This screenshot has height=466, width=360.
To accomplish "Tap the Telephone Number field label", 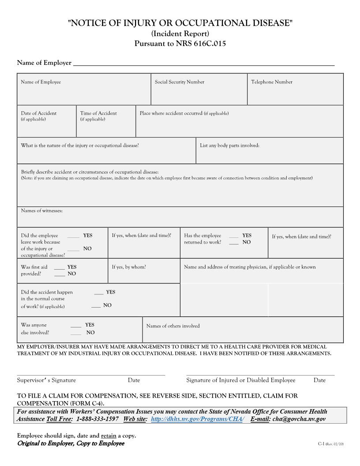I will point(271,82).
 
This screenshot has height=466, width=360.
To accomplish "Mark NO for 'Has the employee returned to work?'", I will point(234,242).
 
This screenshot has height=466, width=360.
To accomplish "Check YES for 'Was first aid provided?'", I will point(60,267).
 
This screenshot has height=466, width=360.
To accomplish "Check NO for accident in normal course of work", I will point(96,305).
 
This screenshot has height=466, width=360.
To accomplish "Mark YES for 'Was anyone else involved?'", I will point(76,325).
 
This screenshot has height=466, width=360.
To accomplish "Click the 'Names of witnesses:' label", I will point(41,211).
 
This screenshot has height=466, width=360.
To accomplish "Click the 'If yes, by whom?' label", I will point(129,267).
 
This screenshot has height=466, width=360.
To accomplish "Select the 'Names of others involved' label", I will point(173,326).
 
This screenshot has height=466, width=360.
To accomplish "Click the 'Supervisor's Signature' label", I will point(46,380).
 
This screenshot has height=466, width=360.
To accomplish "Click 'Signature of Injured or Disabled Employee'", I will point(240,380).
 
